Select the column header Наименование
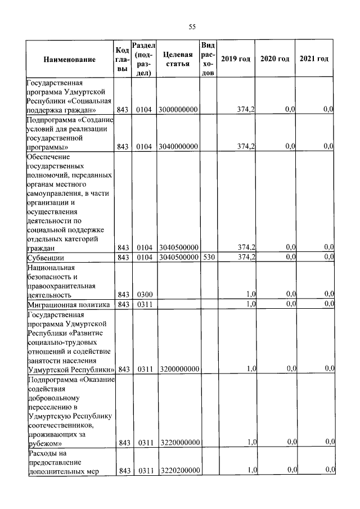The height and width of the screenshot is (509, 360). [x=69, y=59]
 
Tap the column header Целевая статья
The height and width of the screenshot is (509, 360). [x=177, y=59]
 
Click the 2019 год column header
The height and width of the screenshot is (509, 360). [x=236, y=59]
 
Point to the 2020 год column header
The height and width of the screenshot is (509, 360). [x=274, y=59]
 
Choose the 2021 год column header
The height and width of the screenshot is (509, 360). [x=314, y=59]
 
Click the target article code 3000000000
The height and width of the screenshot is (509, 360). [x=178, y=109]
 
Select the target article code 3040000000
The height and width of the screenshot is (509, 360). [x=178, y=146]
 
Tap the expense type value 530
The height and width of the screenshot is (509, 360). [x=208, y=257]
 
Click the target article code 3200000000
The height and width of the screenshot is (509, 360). [x=178, y=369]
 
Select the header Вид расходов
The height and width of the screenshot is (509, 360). [x=208, y=59]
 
